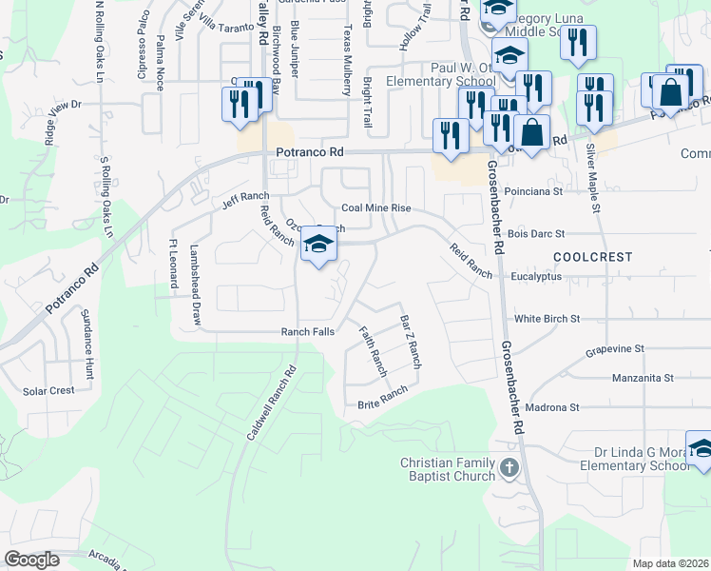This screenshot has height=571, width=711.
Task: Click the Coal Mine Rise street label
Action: click(375, 208)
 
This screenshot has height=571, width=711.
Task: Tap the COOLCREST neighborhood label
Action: click(592, 257)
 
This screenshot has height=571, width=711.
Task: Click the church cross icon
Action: click(509, 467)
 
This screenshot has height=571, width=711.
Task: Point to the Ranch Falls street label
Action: click(308, 332)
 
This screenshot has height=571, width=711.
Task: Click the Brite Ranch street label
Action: click(382, 398)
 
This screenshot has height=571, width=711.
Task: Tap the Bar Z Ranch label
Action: click(410, 343)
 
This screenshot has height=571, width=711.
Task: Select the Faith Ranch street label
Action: click(373, 348)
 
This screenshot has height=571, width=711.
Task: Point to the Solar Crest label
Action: click(48, 391)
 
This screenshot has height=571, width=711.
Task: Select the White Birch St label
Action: click(547, 320)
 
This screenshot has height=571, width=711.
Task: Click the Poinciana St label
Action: click(535, 190)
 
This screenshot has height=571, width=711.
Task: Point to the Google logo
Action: click(31, 559)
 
